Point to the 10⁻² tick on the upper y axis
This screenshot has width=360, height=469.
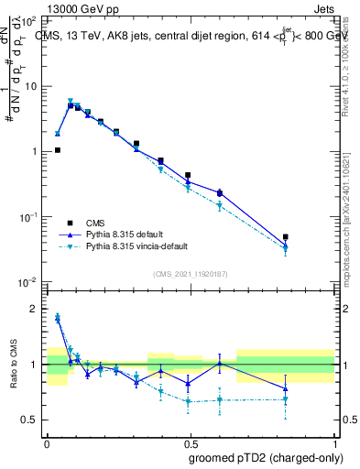pos(29,282)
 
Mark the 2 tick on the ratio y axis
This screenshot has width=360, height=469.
pos(36,310)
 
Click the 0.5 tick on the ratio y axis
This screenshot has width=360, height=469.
pos(32,420)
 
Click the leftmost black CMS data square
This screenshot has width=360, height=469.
pos(58,150)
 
